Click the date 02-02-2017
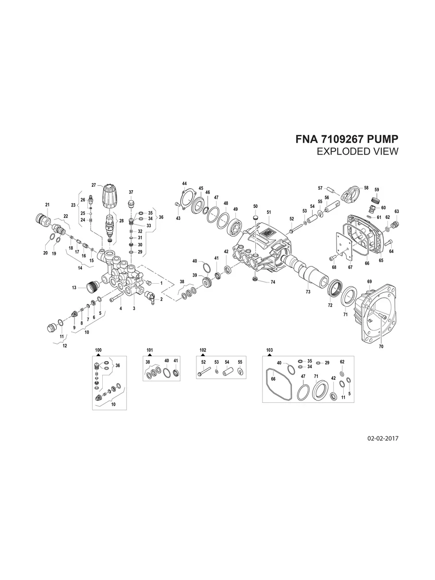(383, 438)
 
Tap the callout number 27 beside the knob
(94, 185)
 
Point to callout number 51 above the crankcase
(269, 212)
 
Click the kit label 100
(98, 350)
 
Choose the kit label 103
(269, 350)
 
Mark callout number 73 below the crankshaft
(308, 292)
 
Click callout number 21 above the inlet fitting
(48, 205)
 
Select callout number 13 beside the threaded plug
(74, 288)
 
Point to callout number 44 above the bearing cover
(184, 184)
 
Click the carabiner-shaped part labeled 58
(350, 193)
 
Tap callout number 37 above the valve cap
(131, 192)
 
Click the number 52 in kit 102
(204, 362)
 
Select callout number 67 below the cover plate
(350, 267)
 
